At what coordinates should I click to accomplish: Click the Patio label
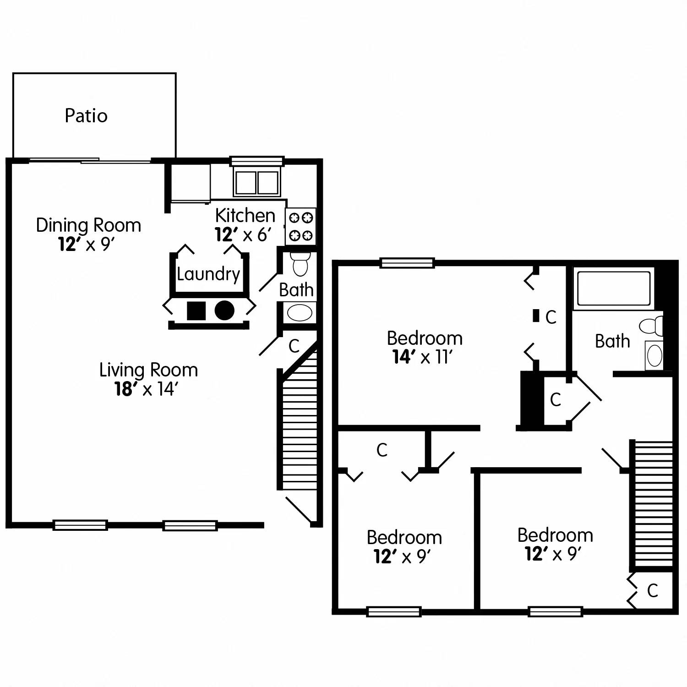point(86,115)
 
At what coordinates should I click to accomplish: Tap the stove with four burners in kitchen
point(301,226)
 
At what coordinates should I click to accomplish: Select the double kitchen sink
point(257,182)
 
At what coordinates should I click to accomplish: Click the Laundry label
point(208,274)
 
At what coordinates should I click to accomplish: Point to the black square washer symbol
point(196,311)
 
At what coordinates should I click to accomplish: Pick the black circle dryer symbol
point(224,311)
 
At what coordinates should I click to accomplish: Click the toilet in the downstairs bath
point(300,264)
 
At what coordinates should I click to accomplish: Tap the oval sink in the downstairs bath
point(300,313)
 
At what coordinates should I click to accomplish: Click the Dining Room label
point(88,225)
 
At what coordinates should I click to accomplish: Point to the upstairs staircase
point(653,504)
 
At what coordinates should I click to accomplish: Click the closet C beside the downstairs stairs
point(294,346)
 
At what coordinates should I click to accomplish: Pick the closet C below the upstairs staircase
point(653,590)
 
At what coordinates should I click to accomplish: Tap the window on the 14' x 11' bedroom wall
point(407,263)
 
